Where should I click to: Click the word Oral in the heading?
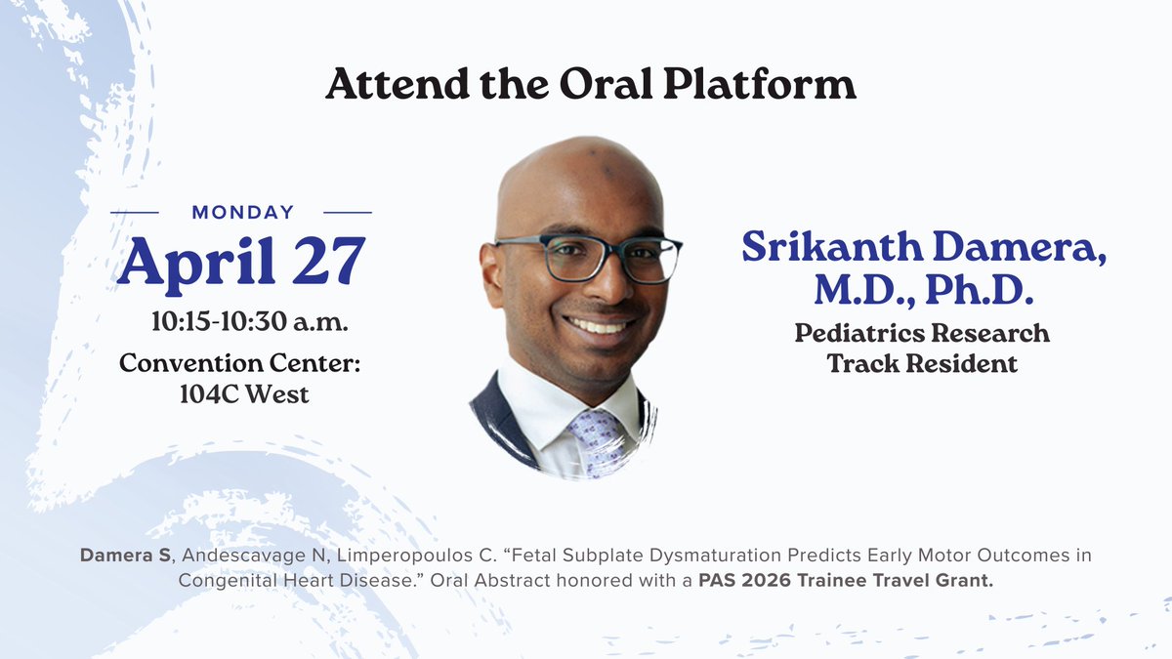606,84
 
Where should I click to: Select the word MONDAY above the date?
243,213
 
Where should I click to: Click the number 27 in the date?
328,260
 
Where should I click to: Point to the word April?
196,265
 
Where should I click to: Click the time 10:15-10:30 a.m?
250,321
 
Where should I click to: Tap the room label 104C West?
244,393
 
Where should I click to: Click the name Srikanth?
832,246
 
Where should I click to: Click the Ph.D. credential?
980,289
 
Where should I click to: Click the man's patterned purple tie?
597,442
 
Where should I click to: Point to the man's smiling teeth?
598,327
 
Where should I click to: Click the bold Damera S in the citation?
126,555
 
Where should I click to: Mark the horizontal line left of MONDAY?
135,213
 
